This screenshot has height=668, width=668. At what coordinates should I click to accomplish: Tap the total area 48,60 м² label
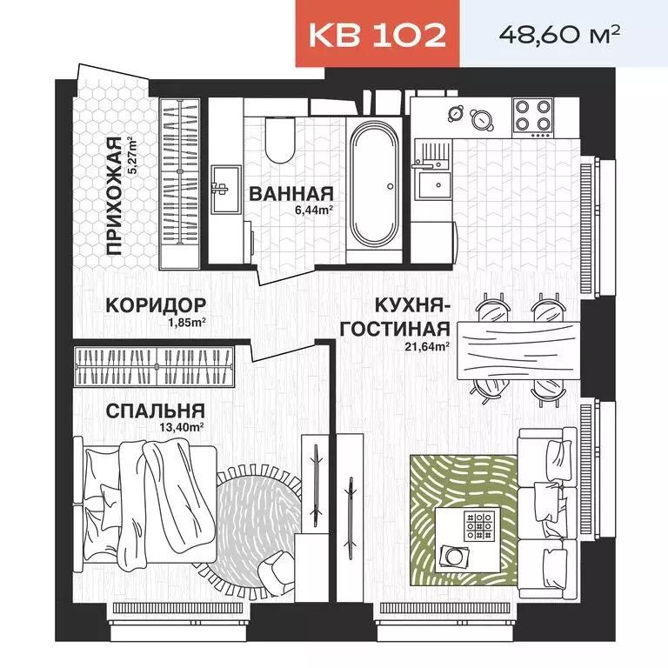pos(558,34)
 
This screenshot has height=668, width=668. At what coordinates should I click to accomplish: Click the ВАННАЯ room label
pos(291,193)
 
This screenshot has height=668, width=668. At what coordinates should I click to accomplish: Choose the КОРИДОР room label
pos(156,305)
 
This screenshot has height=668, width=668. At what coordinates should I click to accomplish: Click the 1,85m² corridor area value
pos(186,322)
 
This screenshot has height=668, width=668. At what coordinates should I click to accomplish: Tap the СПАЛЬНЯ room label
pos(156,411)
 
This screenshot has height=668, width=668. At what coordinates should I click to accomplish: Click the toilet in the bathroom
pos(280,141)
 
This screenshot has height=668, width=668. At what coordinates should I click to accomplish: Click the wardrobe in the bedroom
pos(156,367)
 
